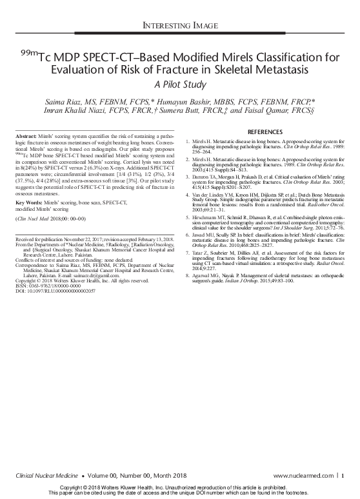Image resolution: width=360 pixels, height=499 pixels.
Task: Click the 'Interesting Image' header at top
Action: tap(180, 26)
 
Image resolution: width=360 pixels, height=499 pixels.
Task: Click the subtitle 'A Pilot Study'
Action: tap(180, 83)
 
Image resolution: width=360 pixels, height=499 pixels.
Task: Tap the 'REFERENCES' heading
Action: tap(265, 132)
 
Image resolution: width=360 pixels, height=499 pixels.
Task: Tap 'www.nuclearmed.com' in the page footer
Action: tap(313, 475)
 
